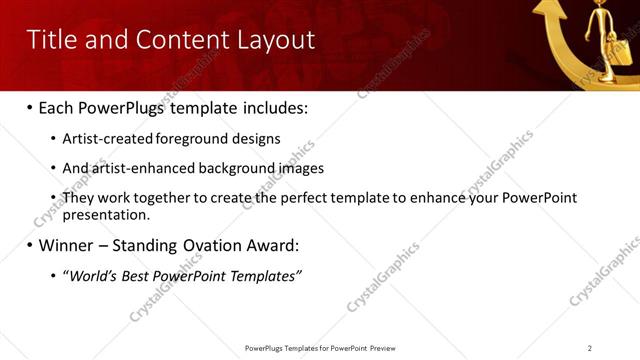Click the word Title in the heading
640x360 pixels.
(48, 40)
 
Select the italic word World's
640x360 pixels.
(91, 275)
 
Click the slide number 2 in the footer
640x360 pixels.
(590, 348)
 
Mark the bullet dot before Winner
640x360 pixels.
(29, 245)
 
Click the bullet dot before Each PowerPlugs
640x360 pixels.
(29, 108)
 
